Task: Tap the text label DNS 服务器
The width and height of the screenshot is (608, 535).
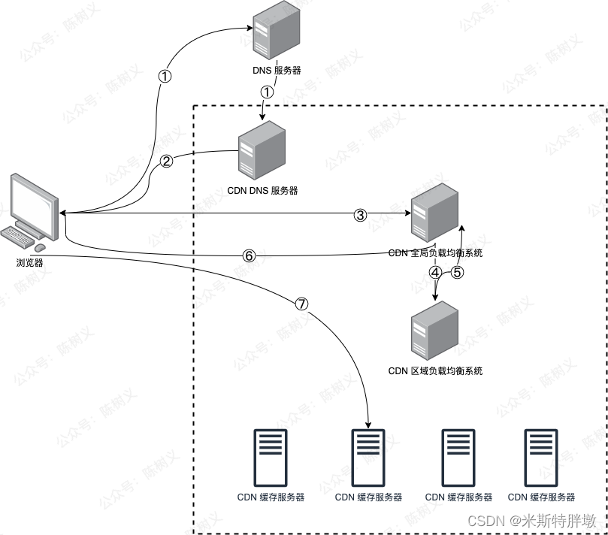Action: (276, 71)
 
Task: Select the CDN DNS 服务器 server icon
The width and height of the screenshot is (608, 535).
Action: (262, 149)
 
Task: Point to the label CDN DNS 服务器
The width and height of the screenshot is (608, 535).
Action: (262, 191)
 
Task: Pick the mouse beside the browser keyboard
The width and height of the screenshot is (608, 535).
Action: (40, 247)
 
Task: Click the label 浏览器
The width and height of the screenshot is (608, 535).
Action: (29, 264)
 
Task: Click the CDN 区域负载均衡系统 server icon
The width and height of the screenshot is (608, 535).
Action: (435, 328)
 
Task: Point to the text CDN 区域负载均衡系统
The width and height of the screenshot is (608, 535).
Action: (435, 370)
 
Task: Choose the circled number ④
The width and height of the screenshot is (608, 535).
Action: (435, 273)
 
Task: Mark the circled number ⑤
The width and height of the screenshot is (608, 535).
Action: (458, 273)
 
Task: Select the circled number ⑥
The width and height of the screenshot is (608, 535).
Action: (250, 255)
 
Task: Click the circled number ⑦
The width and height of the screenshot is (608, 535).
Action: (301, 304)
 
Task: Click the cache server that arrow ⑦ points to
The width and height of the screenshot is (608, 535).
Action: (368, 458)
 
